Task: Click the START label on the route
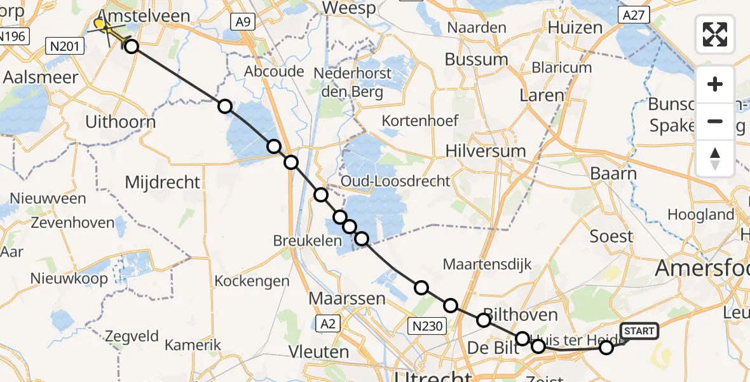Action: (x=639, y=331)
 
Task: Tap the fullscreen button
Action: (x=715, y=34)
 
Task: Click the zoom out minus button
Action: (x=715, y=121)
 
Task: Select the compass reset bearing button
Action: (x=715, y=159)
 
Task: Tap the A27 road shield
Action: (x=634, y=15)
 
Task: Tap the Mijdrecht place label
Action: (x=163, y=183)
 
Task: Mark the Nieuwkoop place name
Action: (x=69, y=278)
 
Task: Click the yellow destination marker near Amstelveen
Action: (x=100, y=24)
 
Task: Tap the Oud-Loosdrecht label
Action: (x=395, y=181)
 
